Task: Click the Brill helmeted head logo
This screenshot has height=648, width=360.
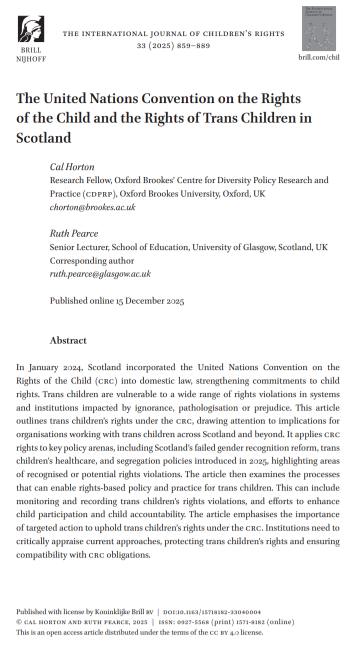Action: tap(30, 29)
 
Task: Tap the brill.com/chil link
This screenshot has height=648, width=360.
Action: tap(319, 57)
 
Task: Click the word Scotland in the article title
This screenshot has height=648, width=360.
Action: tap(44, 137)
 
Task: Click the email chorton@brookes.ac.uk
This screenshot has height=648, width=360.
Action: tap(92, 207)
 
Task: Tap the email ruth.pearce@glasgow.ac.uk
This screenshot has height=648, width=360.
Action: tap(100, 273)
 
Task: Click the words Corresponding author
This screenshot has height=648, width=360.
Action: tap(92, 260)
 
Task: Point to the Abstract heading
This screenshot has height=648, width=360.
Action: tap(68, 340)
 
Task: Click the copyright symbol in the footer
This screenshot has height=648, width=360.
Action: tap(19, 622)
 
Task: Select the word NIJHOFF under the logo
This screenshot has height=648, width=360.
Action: tap(30, 59)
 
